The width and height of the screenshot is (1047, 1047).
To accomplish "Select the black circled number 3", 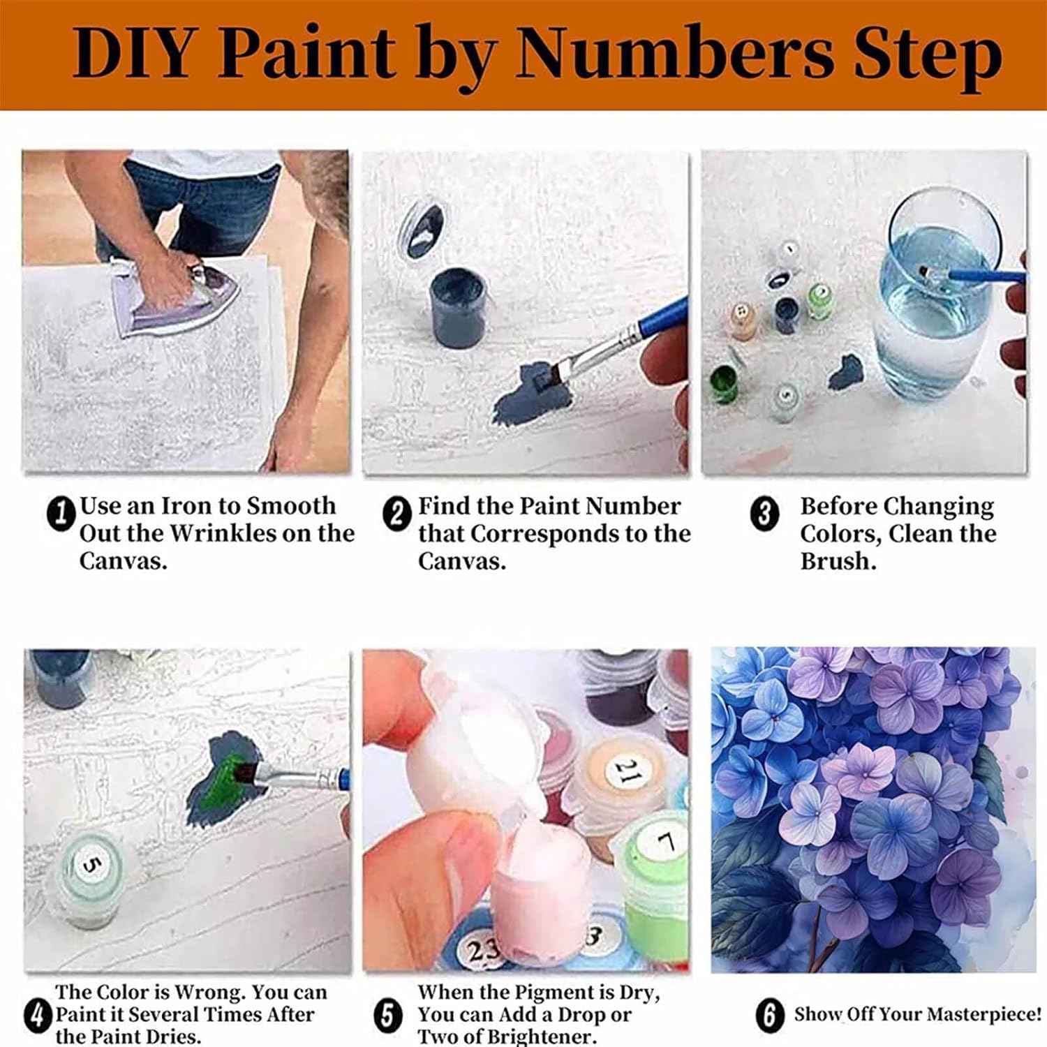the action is click(x=764, y=514).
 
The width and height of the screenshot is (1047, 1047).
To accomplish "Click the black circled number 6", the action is click(x=770, y=1014).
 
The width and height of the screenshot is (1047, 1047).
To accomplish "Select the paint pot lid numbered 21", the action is click(x=626, y=772).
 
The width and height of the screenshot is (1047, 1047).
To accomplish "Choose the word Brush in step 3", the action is click(x=837, y=562).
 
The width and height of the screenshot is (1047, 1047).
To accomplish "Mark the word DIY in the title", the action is click(x=132, y=53).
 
